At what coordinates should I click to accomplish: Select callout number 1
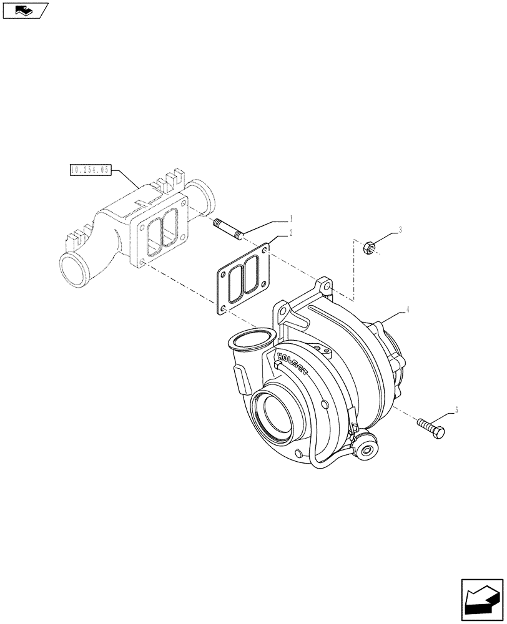[290, 219]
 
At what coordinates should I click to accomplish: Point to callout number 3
[400, 230]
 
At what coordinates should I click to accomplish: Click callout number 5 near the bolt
[456, 409]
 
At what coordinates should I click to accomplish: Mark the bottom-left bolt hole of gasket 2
[223, 308]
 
